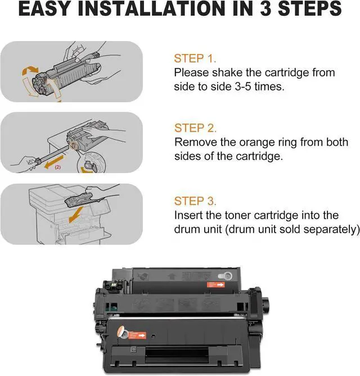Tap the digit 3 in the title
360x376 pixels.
266,8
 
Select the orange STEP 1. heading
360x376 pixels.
195,58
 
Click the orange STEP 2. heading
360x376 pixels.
195,128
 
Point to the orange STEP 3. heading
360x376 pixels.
195,201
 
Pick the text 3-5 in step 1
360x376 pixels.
243,87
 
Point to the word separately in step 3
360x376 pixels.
331,229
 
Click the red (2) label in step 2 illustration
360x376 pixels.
58,167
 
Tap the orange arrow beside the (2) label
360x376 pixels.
54,161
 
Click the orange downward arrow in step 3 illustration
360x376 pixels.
75,215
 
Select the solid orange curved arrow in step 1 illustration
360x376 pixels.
30,70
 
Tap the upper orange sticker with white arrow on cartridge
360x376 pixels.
215,284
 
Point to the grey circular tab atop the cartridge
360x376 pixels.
226,276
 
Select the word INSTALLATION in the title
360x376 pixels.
157,8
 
